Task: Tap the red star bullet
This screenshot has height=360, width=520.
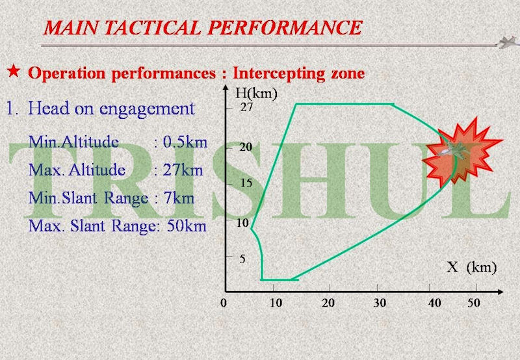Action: (x=14, y=71)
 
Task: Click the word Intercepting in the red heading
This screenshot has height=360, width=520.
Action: (x=279, y=73)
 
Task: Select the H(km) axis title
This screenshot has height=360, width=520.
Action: (x=256, y=94)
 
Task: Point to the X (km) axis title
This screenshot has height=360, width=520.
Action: (x=472, y=267)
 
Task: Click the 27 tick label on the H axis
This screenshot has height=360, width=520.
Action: (x=246, y=107)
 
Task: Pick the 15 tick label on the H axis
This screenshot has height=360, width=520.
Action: (x=246, y=183)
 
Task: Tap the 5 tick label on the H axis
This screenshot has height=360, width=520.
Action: (x=242, y=259)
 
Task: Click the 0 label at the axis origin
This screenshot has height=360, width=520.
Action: (x=224, y=303)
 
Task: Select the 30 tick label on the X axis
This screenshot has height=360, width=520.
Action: (x=380, y=303)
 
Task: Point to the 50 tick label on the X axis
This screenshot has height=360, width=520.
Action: (x=474, y=303)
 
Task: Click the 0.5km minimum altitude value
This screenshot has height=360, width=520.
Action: (x=185, y=142)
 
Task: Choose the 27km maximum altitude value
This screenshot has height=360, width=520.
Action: (x=183, y=170)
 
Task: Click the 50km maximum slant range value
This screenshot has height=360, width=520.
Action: (x=187, y=226)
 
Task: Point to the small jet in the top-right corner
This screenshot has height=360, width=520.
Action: (x=508, y=42)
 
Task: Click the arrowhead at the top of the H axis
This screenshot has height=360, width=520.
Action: (x=226, y=88)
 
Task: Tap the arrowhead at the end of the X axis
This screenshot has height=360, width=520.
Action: (x=500, y=292)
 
